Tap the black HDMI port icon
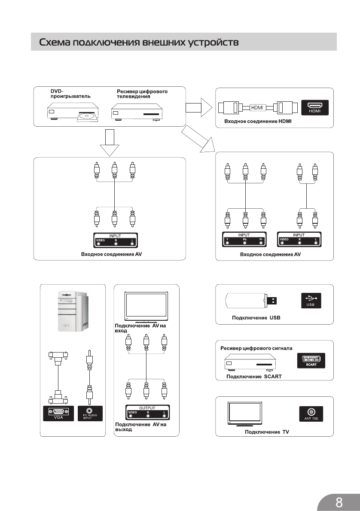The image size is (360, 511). click(315, 108)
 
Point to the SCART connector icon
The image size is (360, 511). click(311, 361)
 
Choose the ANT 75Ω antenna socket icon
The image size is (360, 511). click(311, 413)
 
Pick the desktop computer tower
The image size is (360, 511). click(73, 311)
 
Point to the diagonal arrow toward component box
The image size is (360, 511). click(198, 138)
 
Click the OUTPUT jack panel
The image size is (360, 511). click(146, 413)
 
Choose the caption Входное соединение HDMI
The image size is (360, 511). click(258, 122)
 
